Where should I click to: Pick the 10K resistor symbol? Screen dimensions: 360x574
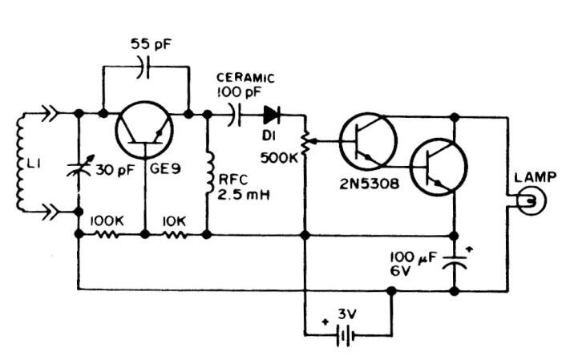(176, 235)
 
